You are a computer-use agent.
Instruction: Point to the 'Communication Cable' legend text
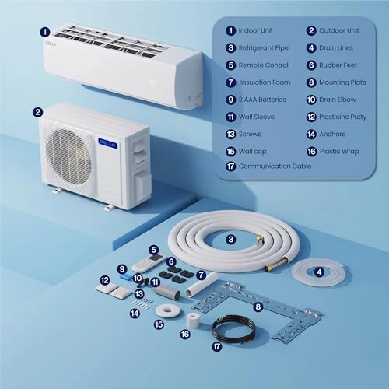pos(275,166)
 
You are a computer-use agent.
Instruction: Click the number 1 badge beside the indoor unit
pos(44,33)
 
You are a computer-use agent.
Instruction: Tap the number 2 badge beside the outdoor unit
pos(37,111)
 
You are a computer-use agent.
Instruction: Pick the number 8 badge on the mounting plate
pos(258,308)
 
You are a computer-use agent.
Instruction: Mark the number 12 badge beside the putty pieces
pos(103,279)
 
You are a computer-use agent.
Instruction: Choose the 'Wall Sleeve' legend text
pos(259,117)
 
